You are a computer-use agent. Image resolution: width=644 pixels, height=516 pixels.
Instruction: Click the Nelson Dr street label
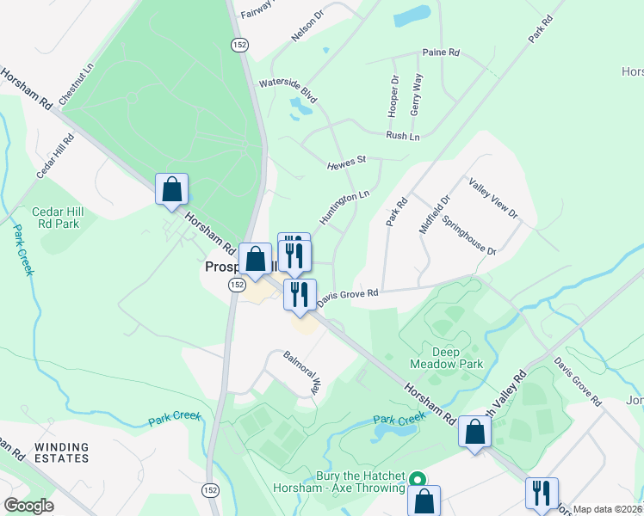click(x=308, y=27)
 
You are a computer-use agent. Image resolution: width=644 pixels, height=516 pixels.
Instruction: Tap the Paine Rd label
click(x=441, y=52)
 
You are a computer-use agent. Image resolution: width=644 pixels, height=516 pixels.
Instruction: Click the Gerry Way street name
click(x=417, y=95)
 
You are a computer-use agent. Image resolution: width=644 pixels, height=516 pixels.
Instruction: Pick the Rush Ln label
click(x=403, y=136)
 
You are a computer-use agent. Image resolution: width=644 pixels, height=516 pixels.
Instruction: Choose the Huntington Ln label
click(x=344, y=207)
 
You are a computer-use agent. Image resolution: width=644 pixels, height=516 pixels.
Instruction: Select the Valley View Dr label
click(x=493, y=197)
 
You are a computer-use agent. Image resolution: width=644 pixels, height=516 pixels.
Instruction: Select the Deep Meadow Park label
click(x=457, y=358)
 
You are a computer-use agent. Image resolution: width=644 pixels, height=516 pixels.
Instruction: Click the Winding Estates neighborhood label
click(x=61, y=452)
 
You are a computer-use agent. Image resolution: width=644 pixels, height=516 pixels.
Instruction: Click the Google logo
click(x=28, y=506)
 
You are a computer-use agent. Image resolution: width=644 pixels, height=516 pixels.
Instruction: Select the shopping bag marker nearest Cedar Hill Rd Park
click(x=171, y=188)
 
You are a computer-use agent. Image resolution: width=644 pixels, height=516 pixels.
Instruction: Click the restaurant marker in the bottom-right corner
click(x=542, y=493)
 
